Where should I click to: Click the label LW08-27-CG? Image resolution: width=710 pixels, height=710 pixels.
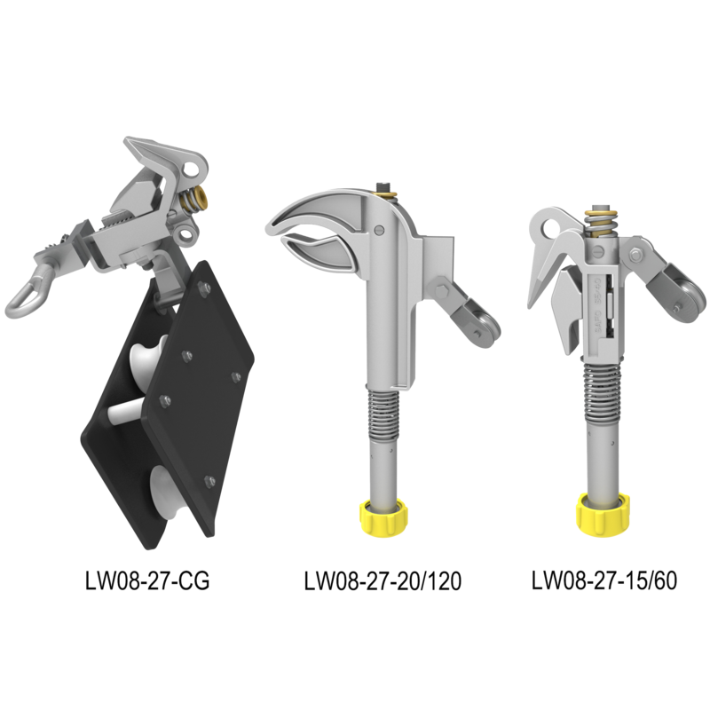coord(147,580)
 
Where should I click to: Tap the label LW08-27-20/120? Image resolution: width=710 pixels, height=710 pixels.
coord(383,580)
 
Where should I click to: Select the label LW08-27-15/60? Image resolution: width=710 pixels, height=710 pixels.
coord(604,580)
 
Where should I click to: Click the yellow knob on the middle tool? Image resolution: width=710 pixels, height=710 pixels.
coord(383,517)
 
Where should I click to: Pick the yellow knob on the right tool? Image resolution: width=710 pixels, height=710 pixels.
coord(603,514)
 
